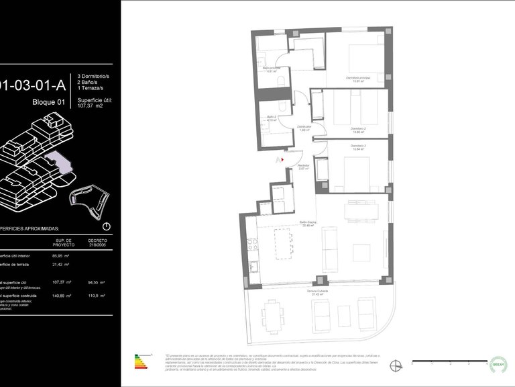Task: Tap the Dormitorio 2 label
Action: [358, 129]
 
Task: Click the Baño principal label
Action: [271, 69]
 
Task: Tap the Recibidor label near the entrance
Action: [303, 167]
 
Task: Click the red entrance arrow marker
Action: [282, 160]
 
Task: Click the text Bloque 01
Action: [49, 102]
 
